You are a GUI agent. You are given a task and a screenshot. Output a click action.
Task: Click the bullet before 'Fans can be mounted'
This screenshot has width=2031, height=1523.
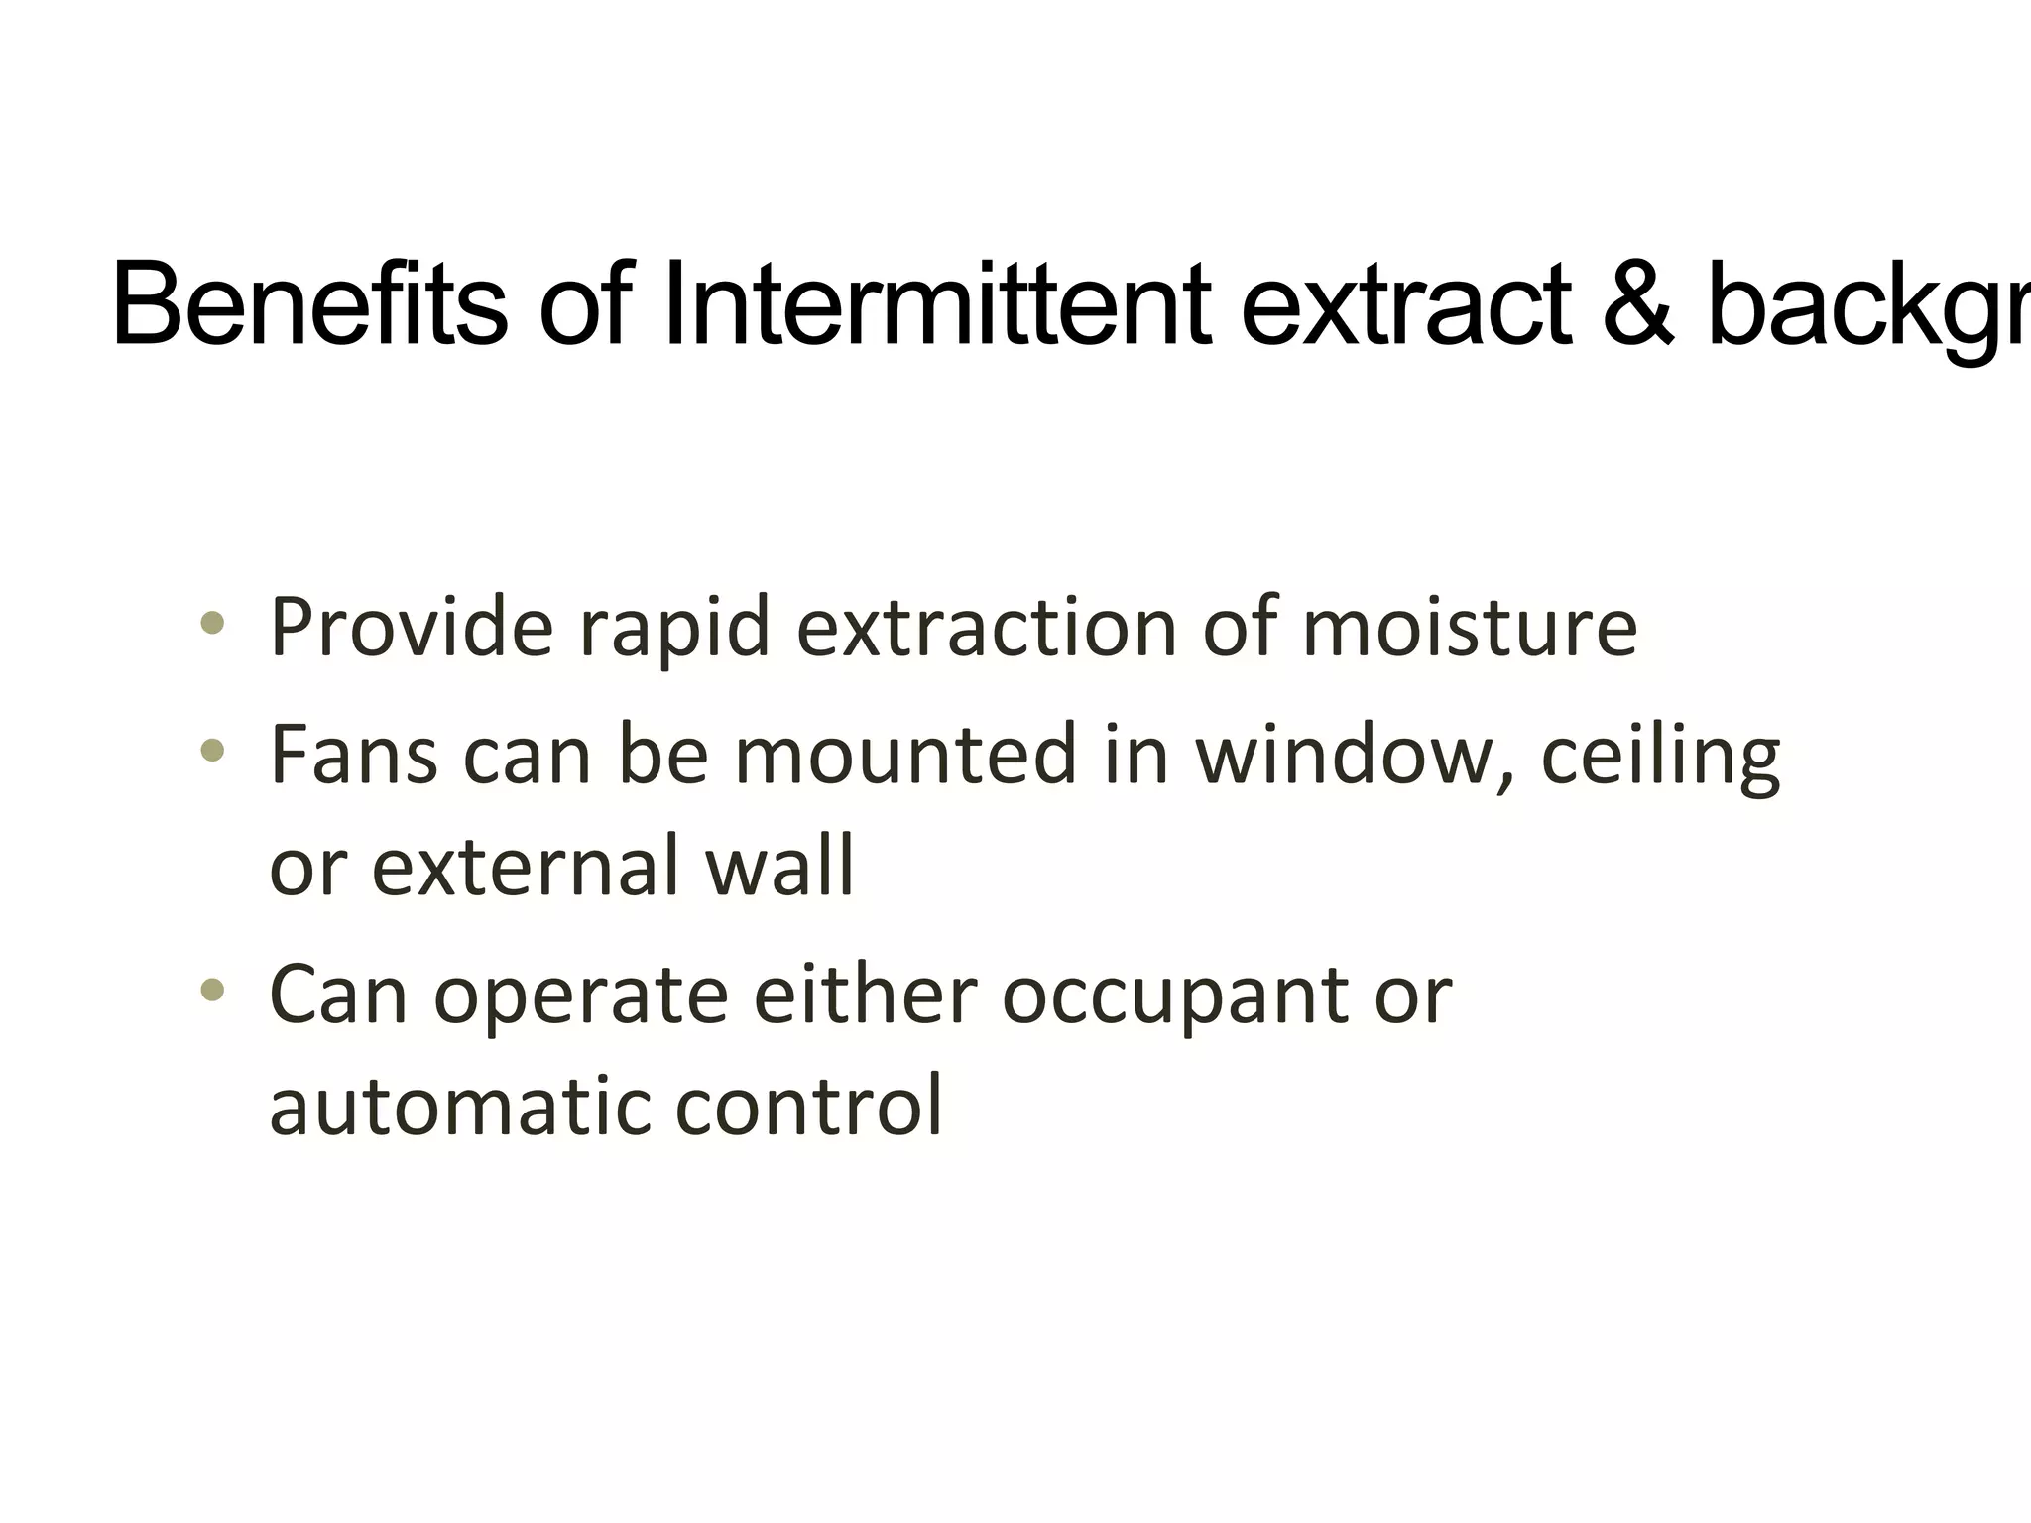pos(212,751)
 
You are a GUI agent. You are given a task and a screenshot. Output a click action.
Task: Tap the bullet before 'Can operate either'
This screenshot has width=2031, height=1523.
pos(212,990)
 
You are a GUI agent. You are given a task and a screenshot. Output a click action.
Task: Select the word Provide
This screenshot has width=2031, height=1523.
pos(411,628)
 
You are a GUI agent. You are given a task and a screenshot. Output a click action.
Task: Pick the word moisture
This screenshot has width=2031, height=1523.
pos(1469,628)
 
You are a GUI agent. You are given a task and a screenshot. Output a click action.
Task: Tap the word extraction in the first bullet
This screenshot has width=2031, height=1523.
pos(986,628)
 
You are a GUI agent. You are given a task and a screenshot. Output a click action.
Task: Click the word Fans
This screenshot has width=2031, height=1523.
pos(353,755)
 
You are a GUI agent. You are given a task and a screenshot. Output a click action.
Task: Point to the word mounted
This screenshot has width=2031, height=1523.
pos(904,755)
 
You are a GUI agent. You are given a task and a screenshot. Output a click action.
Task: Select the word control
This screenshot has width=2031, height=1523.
pos(808,1106)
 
